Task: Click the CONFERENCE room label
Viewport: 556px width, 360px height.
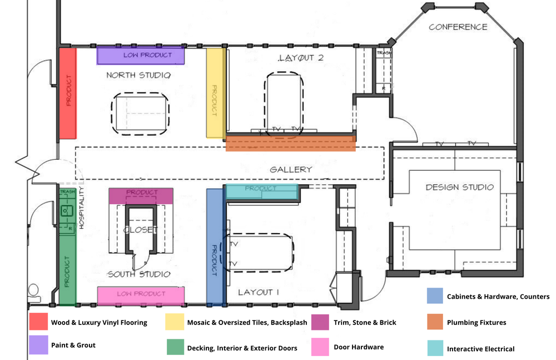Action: tap(458, 27)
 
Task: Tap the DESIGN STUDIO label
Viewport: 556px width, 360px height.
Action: tap(459, 187)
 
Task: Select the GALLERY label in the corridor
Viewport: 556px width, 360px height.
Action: tap(291, 169)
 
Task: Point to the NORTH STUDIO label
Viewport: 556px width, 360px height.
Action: tap(138, 75)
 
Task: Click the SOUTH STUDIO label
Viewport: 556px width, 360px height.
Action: tap(139, 274)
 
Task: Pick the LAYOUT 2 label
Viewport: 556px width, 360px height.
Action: tap(301, 58)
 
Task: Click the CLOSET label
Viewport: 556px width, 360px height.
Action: tap(141, 230)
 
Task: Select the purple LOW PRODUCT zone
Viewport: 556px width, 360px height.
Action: tap(140, 56)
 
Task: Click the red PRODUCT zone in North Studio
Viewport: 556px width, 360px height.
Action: tap(67, 92)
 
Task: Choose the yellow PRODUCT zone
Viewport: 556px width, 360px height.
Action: tap(215, 93)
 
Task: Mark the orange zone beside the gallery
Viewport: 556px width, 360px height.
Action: tap(290, 144)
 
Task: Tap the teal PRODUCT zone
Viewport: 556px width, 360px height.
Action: tap(261, 191)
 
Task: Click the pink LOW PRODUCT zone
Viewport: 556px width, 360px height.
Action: tap(140, 295)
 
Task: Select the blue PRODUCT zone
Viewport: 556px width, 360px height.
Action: tap(215, 248)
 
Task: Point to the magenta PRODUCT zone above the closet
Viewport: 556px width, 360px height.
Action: tap(141, 195)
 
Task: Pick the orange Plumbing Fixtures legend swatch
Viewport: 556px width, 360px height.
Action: tap(435, 322)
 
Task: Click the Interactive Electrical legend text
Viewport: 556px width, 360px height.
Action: tap(480, 349)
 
